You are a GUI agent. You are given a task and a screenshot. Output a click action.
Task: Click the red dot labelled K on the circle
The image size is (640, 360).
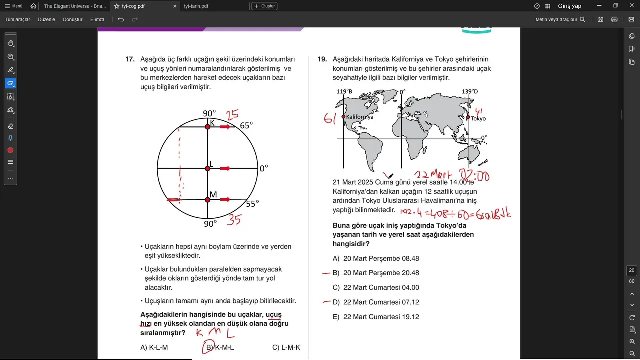click(x=208, y=127)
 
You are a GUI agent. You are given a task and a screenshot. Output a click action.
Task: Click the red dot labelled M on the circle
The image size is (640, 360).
click(x=208, y=200)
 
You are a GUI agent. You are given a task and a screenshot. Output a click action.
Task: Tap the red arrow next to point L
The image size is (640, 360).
click(x=225, y=168)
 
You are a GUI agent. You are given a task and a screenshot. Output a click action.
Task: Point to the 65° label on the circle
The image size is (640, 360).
click(x=246, y=125)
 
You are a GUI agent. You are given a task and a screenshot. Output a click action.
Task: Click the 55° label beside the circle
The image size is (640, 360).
click(x=252, y=204)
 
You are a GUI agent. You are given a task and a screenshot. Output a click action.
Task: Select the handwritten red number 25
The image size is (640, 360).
click(x=232, y=115)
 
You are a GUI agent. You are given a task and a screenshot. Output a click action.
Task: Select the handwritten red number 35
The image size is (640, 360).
click(x=234, y=220)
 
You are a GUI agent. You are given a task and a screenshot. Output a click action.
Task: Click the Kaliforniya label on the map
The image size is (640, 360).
click(x=360, y=117)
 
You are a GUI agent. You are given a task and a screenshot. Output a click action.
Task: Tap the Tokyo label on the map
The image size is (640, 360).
click(x=478, y=119)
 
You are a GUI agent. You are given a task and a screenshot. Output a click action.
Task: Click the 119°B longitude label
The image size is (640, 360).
click(x=344, y=92)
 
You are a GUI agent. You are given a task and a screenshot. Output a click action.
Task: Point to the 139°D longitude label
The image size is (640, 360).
click(x=470, y=92)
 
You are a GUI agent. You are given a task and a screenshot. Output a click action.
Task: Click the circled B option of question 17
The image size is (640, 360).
click(x=208, y=348)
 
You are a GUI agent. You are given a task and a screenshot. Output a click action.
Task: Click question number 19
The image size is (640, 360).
click(x=322, y=59)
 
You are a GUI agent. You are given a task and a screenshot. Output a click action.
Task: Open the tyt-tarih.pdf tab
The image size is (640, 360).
click(x=196, y=6)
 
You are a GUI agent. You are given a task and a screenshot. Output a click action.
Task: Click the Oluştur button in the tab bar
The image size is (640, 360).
click(x=264, y=6)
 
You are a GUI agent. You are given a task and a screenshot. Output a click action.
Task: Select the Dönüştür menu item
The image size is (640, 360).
click(x=73, y=19)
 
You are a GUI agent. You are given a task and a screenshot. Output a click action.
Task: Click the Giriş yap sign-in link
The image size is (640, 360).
click(x=569, y=6)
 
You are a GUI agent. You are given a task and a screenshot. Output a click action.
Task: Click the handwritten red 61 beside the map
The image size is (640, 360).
click(x=329, y=119)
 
